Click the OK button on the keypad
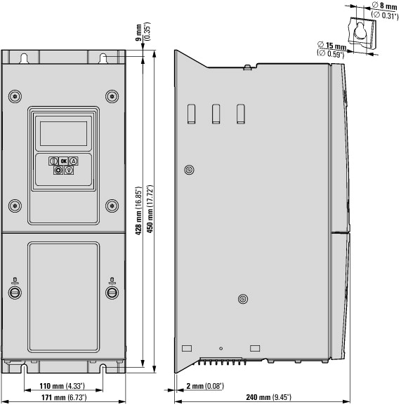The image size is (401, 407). point(63,161)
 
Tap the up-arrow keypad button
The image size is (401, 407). point(74,161)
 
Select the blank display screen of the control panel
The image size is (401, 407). point(63,133)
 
